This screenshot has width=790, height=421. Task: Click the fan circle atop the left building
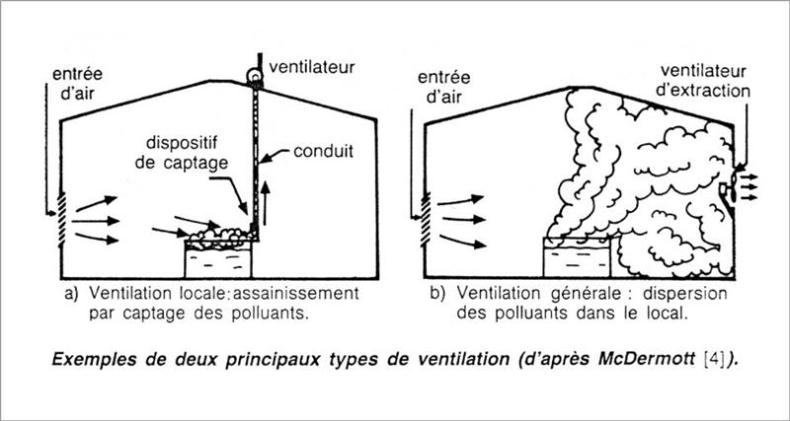(x=256, y=76)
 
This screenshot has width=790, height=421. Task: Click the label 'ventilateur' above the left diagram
(x=312, y=66)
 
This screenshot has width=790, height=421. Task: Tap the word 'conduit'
(x=324, y=151)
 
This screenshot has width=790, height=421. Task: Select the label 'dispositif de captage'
(x=182, y=153)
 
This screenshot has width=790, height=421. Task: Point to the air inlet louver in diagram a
(x=61, y=220)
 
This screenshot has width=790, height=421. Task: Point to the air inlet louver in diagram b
(x=426, y=219)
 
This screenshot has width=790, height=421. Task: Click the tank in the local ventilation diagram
(x=217, y=259)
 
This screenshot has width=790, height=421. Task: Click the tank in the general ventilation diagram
(x=577, y=257)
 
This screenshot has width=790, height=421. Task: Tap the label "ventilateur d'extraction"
(x=704, y=81)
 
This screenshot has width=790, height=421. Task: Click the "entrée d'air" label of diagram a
(x=78, y=84)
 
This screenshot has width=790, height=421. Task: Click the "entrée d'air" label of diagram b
(x=443, y=87)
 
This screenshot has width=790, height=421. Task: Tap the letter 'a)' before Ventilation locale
(x=71, y=293)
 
